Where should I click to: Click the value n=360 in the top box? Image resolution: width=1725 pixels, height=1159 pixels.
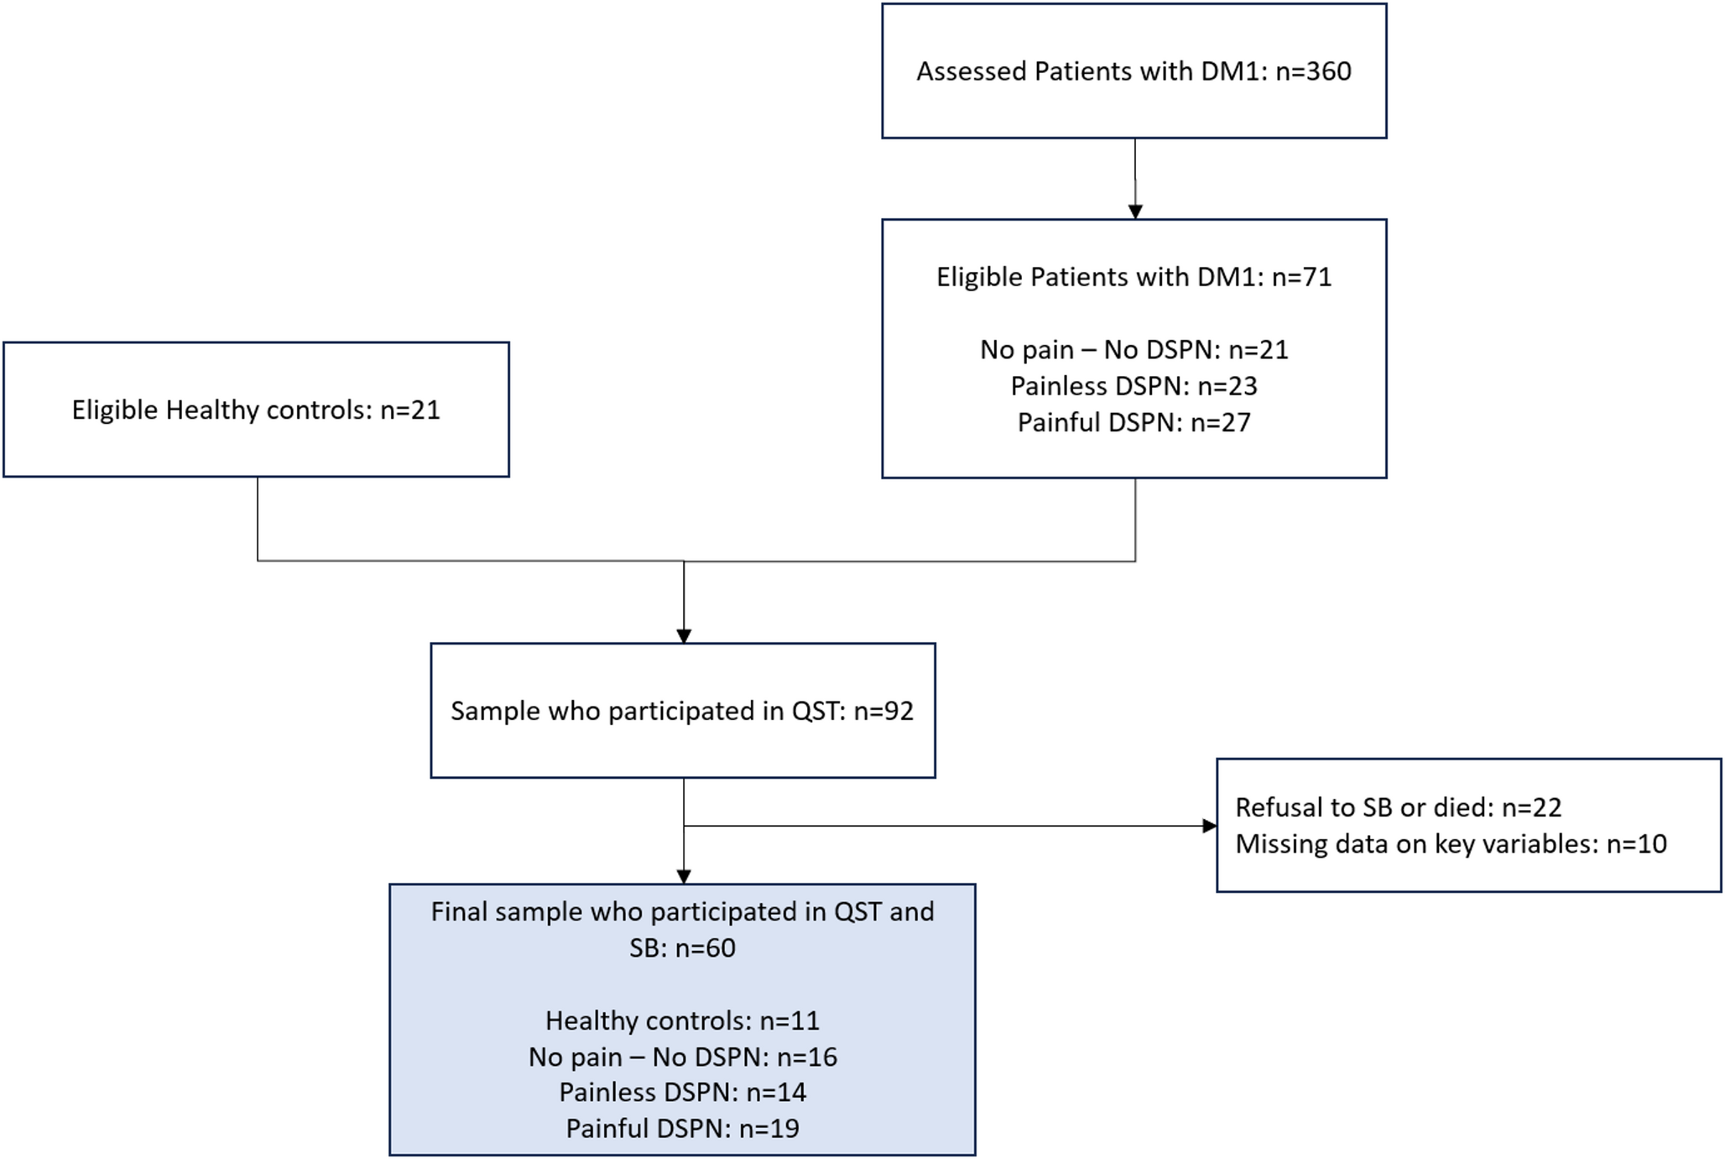[x=1313, y=71]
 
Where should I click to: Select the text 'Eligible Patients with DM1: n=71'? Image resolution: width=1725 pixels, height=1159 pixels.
[x=1133, y=277]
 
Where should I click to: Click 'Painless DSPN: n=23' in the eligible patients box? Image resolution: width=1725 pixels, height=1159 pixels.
[x=1133, y=386]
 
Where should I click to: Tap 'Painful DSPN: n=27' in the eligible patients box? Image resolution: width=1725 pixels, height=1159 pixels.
[x=1133, y=422]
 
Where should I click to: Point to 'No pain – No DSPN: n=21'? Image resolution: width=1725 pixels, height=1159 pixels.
[x=1133, y=349]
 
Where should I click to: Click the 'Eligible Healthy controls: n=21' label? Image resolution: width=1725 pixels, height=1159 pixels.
[x=256, y=410]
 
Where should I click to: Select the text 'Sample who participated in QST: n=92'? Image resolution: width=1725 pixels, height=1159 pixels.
[x=681, y=711]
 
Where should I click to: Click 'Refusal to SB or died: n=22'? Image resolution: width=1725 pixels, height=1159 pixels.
[x=1398, y=807]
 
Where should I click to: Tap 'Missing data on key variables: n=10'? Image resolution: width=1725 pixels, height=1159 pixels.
[x=1451, y=843]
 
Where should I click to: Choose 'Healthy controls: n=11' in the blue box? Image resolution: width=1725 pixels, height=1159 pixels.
[x=682, y=1021]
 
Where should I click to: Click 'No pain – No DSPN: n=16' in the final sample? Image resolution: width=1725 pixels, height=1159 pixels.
[x=682, y=1057]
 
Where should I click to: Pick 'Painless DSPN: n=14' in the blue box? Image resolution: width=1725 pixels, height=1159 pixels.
[x=682, y=1092]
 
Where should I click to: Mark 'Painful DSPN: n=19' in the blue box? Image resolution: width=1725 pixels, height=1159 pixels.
[x=682, y=1128]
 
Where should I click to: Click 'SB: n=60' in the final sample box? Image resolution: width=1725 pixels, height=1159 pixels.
[x=682, y=948]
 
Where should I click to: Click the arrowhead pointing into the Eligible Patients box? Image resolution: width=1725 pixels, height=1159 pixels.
[x=1135, y=211]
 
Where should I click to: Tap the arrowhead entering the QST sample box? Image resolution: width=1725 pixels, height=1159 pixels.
[x=684, y=636]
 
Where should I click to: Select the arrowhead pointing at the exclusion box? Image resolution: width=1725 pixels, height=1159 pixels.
[x=1209, y=826]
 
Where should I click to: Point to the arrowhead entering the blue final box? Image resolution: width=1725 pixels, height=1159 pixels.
[x=684, y=876]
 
